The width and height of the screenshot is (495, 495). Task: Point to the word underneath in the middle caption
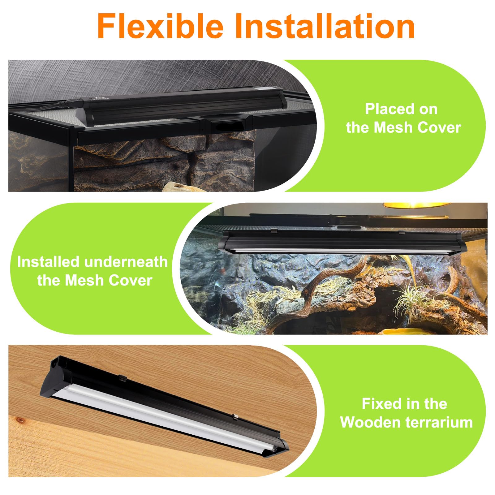pos(123,262)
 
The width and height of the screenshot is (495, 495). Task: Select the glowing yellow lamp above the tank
pos(416,206)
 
